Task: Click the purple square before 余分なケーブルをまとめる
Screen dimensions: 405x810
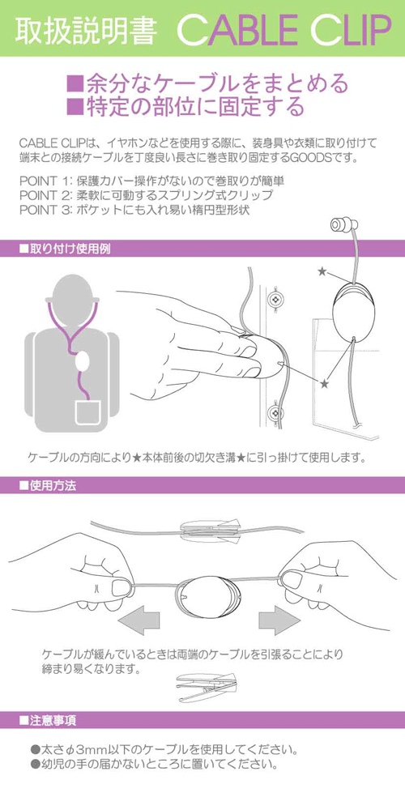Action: point(75,83)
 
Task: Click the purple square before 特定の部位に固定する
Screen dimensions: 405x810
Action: point(75,106)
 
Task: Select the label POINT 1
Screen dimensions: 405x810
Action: point(45,181)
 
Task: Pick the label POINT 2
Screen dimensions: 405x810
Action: point(45,196)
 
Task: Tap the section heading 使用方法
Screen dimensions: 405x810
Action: point(48,485)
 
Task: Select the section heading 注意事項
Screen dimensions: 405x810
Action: point(48,719)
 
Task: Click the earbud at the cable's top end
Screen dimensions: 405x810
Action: point(344,226)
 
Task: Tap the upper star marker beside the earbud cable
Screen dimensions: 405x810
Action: point(322,271)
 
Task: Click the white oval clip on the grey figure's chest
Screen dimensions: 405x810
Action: point(82,361)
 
